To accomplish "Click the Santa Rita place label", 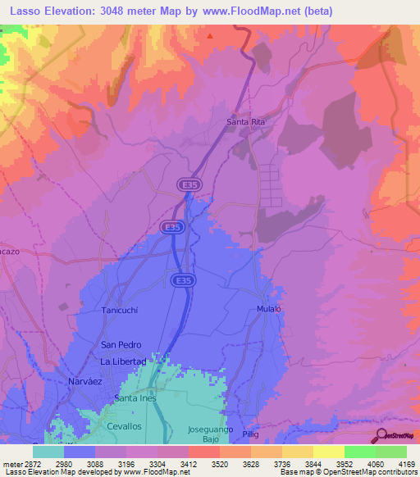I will [245, 122].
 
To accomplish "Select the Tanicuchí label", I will [123, 310].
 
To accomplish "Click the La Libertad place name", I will [122, 361].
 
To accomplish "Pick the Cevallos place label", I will [124, 427].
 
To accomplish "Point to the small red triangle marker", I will [210, 36].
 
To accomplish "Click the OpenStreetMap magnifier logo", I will [382, 435].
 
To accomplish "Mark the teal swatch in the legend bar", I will [48, 452].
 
